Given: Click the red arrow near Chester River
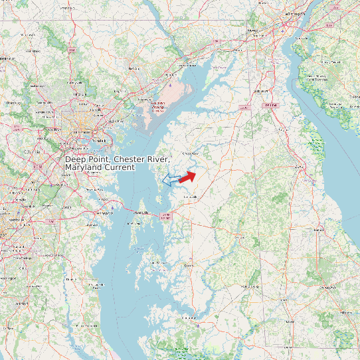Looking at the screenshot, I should tap(188, 176).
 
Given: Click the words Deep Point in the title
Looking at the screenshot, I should tap(87, 160).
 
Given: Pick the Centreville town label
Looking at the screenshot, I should tap(191, 197).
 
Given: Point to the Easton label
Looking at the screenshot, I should tap(189, 265).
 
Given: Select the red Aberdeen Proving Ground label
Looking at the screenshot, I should tap(158, 106).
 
